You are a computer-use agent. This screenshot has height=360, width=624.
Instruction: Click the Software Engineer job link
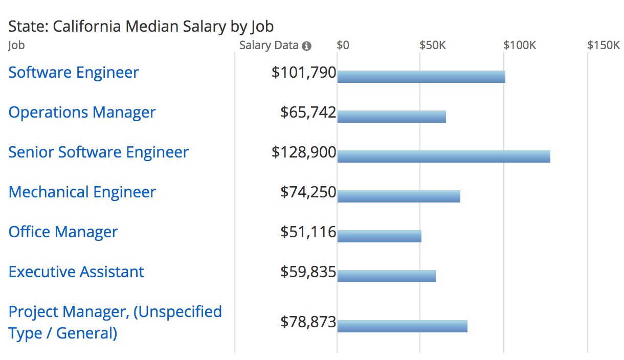tap(73, 73)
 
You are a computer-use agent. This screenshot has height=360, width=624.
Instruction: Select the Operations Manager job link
tap(82, 112)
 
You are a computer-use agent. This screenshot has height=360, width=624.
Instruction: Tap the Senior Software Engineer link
tap(98, 152)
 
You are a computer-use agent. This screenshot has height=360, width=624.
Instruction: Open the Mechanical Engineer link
tap(82, 192)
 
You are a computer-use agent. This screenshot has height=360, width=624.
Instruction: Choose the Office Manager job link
tap(63, 232)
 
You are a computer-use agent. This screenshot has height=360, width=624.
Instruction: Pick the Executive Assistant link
tap(76, 272)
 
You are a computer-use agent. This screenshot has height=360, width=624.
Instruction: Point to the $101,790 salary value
tap(304, 73)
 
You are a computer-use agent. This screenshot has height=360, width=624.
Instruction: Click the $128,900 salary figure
tap(304, 152)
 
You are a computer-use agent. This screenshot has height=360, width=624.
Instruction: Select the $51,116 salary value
tap(308, 232)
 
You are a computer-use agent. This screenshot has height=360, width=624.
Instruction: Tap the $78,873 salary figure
tap(308, 322)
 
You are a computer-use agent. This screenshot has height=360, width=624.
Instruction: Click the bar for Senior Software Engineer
tap(443, 156)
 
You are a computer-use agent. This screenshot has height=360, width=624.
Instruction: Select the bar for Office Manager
tap(379, 236)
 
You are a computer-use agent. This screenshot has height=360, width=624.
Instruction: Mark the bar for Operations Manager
tap(391, 117)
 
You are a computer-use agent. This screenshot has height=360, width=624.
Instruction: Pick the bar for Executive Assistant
tap(386, 276)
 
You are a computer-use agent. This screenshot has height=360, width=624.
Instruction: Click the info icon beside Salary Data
tap(306, 46)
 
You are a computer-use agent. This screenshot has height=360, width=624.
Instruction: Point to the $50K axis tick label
tap(433, 45)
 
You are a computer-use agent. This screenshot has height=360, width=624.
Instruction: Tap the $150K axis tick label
tap(603, 45)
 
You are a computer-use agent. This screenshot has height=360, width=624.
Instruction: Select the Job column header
tap(16, 45)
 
